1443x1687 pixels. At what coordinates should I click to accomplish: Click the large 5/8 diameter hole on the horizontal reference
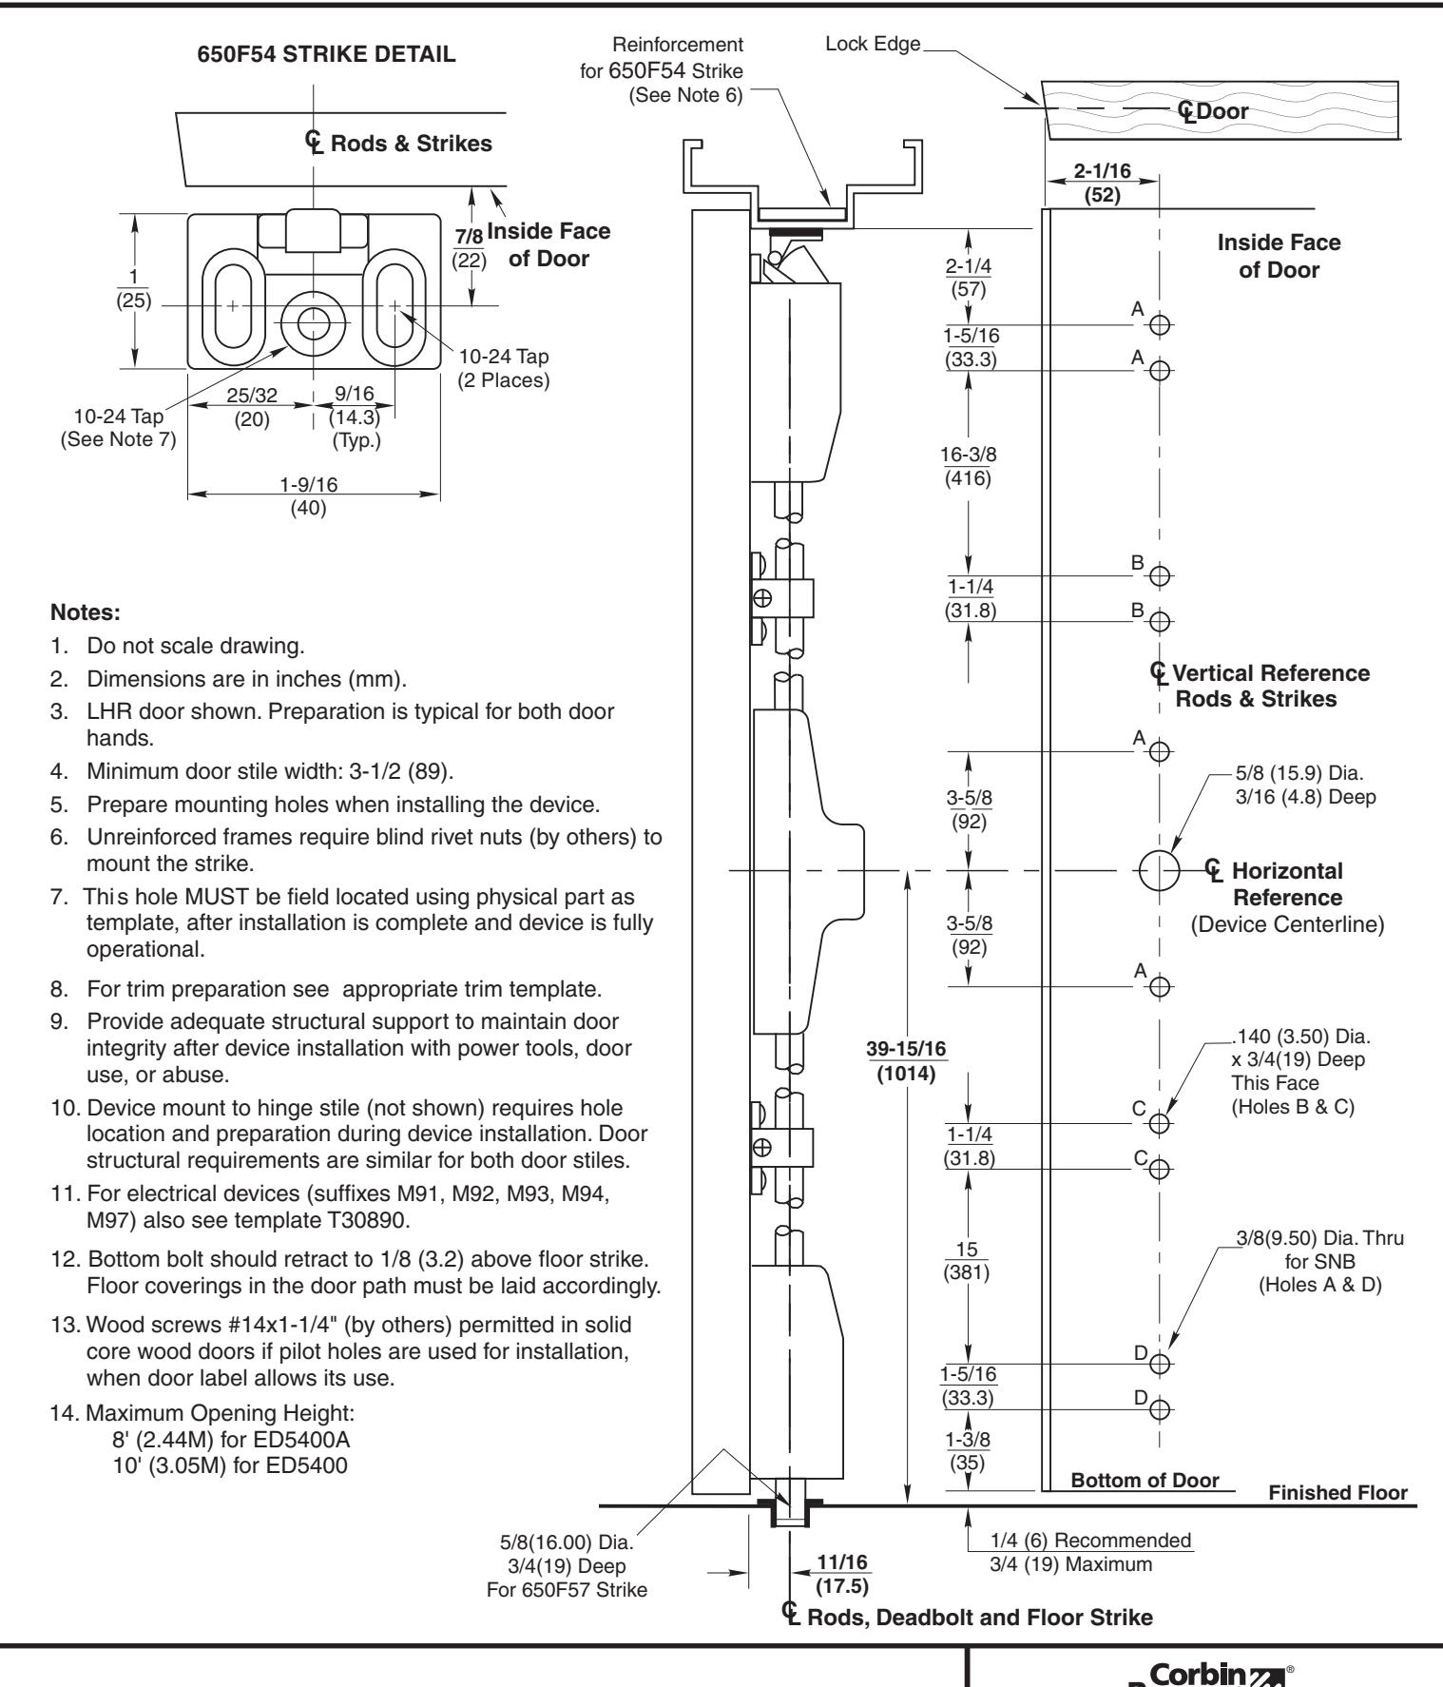tap(1158, 870)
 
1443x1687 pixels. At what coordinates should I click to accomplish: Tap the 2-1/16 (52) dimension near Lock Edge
tap(1101, 183)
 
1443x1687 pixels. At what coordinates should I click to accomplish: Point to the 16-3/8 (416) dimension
tap(968, 466)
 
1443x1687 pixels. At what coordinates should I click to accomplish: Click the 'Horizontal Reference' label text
tap(1287, 883)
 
